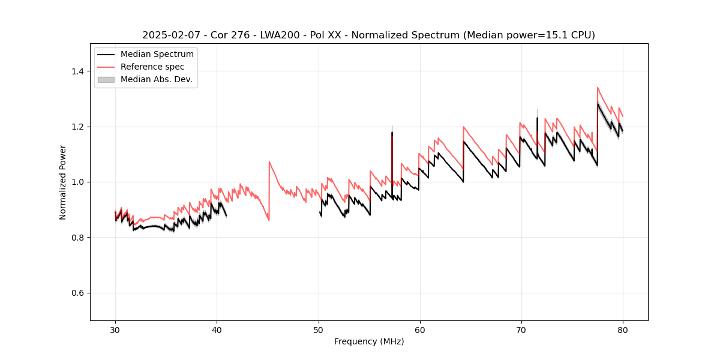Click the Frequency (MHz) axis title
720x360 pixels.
(369, 341)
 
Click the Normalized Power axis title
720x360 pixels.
(62, 182)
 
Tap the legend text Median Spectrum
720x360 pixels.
(157, 55)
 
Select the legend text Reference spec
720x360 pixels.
(152, 67)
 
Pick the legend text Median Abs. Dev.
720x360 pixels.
(156, 79)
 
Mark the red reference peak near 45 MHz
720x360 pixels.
(269, 162)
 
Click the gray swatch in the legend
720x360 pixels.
(106, 79)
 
